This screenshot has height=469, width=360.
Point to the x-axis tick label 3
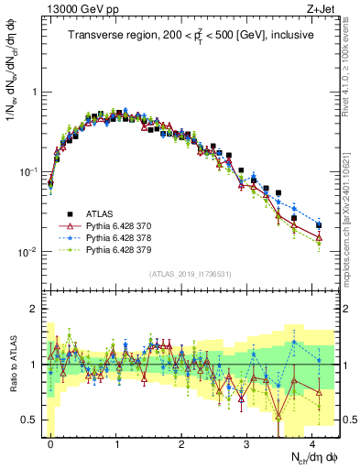pyautogui.click(x=247, y=441)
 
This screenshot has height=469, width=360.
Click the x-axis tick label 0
pyautogui.click(x=51, y=441)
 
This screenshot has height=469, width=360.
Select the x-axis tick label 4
pyautogui.click(x=313, y=441)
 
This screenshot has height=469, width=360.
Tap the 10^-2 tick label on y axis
pyautogui.click(x=27, y=252)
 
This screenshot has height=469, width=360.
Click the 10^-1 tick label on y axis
pyautogui.click(x=27, y=172)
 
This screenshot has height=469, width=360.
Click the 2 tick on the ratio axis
pyautogui.click(x=35, y=309)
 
